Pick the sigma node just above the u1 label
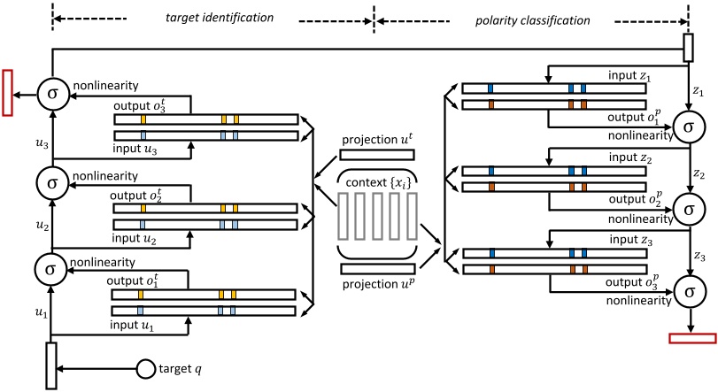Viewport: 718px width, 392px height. tap(52, 265)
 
